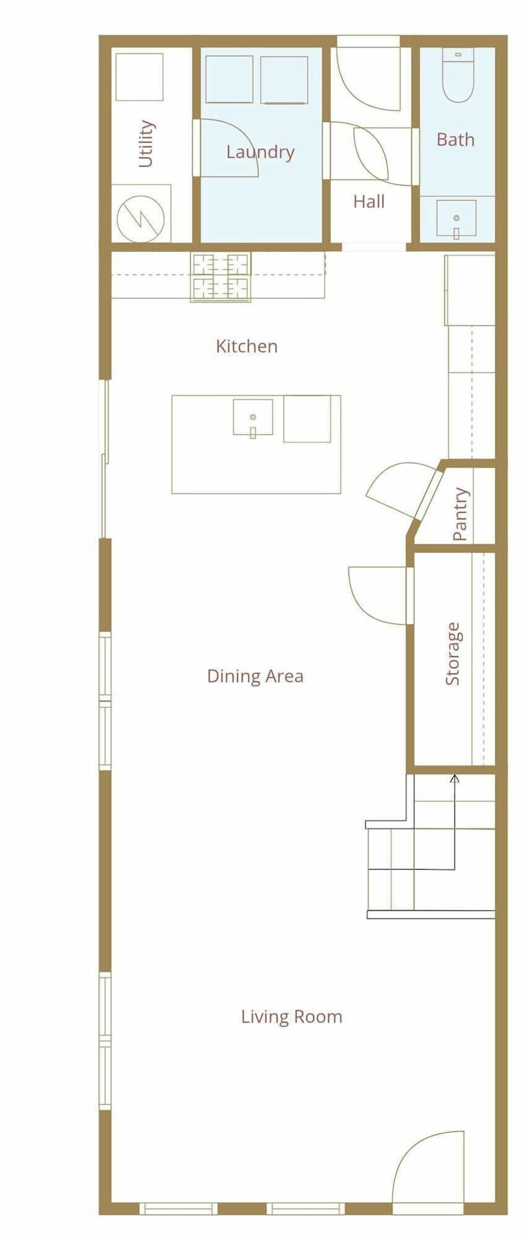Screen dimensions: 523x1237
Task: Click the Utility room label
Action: click(146, 143)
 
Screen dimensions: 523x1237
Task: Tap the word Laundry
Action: click(260, 152)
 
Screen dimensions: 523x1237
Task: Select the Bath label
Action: click(455, 140)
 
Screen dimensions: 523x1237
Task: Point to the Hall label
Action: click(369, 202)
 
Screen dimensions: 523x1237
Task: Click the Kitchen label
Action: click(247, 346)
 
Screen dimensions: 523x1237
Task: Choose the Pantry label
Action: click(460, 514)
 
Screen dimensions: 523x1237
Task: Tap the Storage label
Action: click(453, 653)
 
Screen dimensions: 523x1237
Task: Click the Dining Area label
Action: click(255, 676)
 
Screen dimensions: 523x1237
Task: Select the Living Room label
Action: click(292, 1016)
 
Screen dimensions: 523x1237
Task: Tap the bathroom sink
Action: click(457, 219)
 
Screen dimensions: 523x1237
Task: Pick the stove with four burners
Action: click(221, 277)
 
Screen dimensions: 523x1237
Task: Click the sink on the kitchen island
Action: click(253, 418)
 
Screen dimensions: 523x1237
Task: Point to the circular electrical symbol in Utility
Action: click(141, 219)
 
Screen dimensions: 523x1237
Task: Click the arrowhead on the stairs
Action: click(454, 778)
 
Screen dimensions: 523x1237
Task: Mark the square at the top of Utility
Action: click(139, 77)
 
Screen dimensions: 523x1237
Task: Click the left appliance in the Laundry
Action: click(229, 79)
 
